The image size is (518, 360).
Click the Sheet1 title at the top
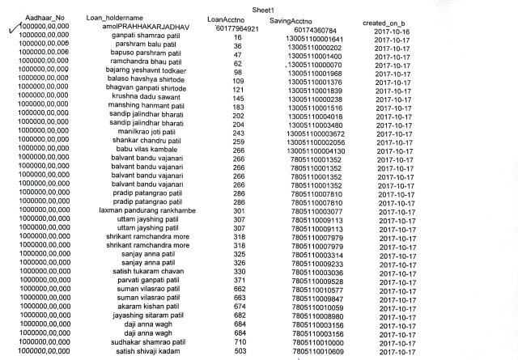pos(264,7)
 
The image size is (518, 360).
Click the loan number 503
pos(239,351)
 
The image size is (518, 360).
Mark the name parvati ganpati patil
pos(146,282)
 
